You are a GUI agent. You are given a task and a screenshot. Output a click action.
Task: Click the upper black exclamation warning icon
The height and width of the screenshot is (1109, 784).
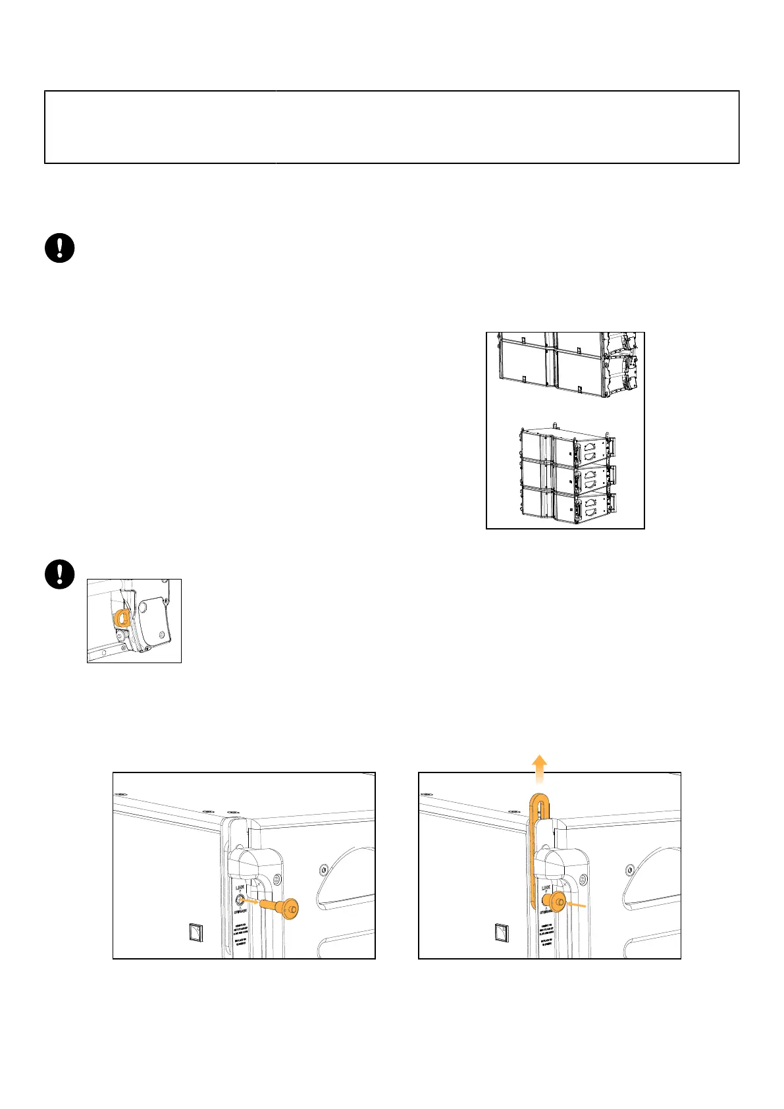point(59,248)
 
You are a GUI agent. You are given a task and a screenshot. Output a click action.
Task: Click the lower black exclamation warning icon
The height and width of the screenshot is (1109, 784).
point(59,574)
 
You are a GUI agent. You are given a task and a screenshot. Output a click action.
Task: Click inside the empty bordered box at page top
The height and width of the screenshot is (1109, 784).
point(392,127)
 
